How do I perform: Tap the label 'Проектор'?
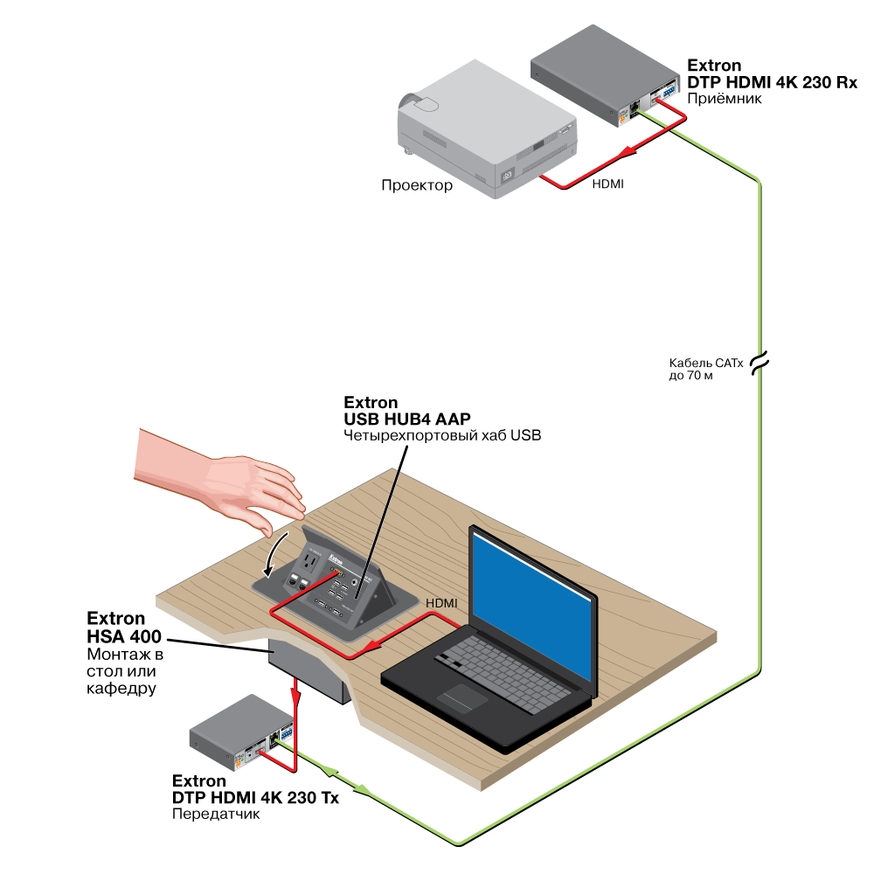417,185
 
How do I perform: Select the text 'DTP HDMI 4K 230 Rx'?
773,81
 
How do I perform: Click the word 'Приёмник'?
725,98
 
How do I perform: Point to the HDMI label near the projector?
608,185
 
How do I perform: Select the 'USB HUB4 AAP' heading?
406,420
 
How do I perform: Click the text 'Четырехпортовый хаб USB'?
443,436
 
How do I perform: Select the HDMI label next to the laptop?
440,603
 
